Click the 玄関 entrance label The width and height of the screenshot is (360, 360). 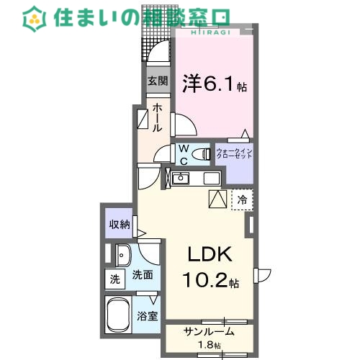[158, 81]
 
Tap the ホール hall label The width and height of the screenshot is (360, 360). [157, 117]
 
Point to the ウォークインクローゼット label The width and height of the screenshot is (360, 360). [235, 153]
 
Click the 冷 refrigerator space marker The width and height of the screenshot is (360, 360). [243, 199]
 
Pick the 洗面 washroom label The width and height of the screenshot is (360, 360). [143, 274]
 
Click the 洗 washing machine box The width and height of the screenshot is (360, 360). [114, 278]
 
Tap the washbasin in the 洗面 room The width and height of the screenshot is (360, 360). [122, 255]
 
